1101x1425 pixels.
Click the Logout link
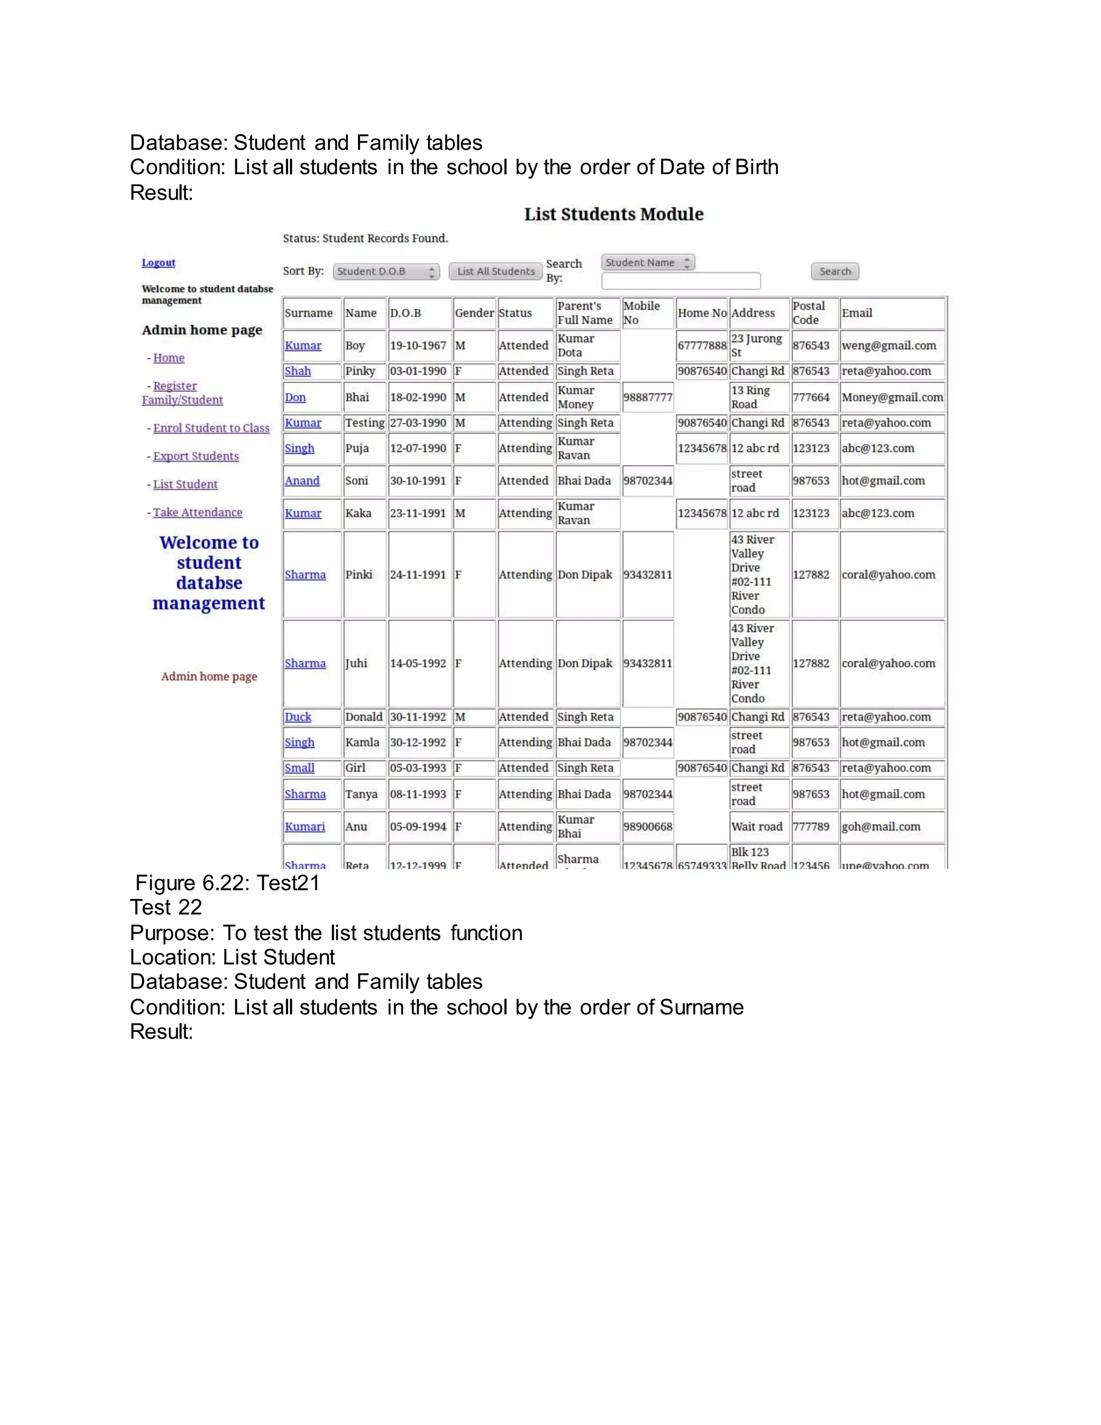(x=159, y=262)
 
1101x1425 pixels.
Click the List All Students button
(x=495, y=272)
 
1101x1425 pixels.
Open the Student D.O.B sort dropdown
(x=386, y=272)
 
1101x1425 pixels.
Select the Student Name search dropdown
(x=648, y=262)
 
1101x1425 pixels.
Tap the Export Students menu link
(x=196, y=456)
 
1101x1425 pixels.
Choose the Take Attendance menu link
(x=198, y=512)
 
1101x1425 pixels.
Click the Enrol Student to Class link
(x=211, y=428)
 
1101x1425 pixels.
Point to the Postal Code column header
(x=809, y=312)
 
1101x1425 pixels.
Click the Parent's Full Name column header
(x=584, y=312)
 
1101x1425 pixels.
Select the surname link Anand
(x=302, y=481)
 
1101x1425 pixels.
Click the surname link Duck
(x=298, y=717)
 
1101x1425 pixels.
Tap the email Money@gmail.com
(x=892, y=397)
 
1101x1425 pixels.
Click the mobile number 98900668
(x=647, y=826)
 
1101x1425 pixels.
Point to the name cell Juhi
(x=356, y=664)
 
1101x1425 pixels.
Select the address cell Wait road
(x=756, y=826)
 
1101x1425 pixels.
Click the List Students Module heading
(x=614, y=214)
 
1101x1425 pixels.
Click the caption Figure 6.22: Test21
(x=227, y=883)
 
